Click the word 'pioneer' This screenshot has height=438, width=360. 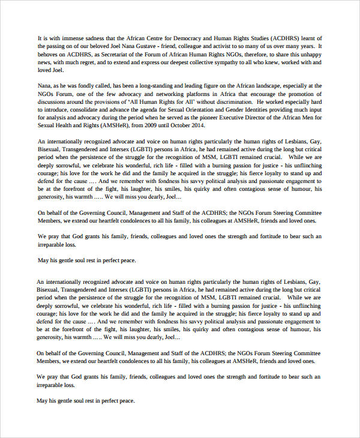[x=219, y=119]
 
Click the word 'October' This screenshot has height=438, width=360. [x=189, y=127]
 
